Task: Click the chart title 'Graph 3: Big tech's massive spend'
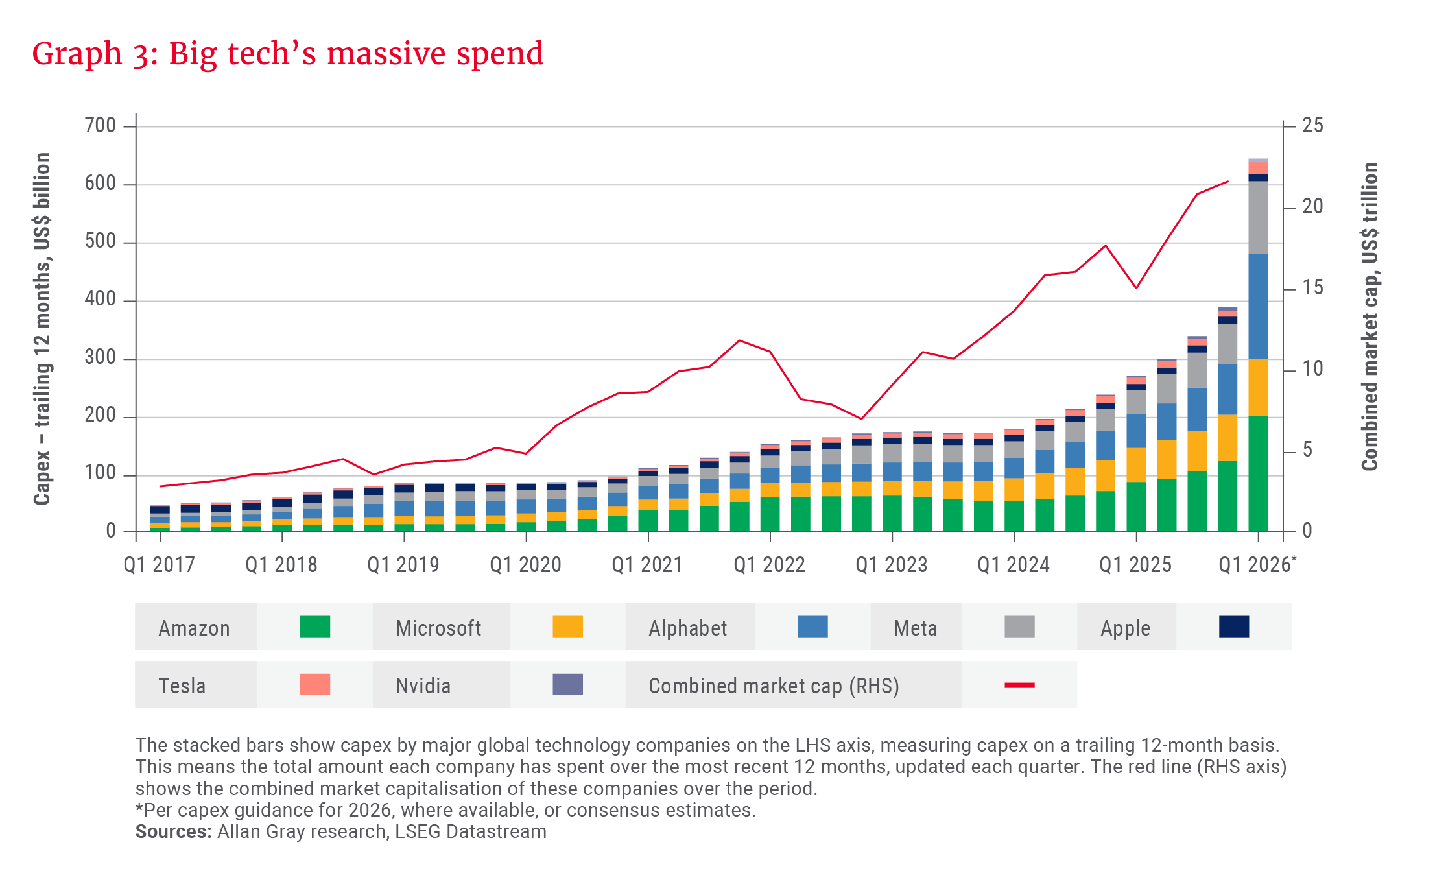[287, 54]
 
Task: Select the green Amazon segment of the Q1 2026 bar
[1258, 473]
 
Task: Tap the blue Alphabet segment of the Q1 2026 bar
[1258, 306]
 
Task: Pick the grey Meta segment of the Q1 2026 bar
[1258, 217]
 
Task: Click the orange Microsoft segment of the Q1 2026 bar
[1258, 387]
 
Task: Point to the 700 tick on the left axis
[101, 125]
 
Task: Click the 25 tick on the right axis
[1312, 125]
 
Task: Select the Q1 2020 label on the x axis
[525, 565]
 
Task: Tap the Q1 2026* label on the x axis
[1257, 565]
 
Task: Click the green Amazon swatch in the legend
[315, 627]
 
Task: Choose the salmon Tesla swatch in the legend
[315, 684]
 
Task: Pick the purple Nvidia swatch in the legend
[567, 684]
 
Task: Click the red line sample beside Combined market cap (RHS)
[1019, 685]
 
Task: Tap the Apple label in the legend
[1125, 628]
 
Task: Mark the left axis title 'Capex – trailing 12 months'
[42, 329]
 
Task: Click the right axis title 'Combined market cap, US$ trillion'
[1370, 316]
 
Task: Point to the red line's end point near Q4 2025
[1227, 182]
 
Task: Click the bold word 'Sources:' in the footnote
[173, 831]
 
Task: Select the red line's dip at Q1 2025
[1136, 288]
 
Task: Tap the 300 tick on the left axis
[101, 357]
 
